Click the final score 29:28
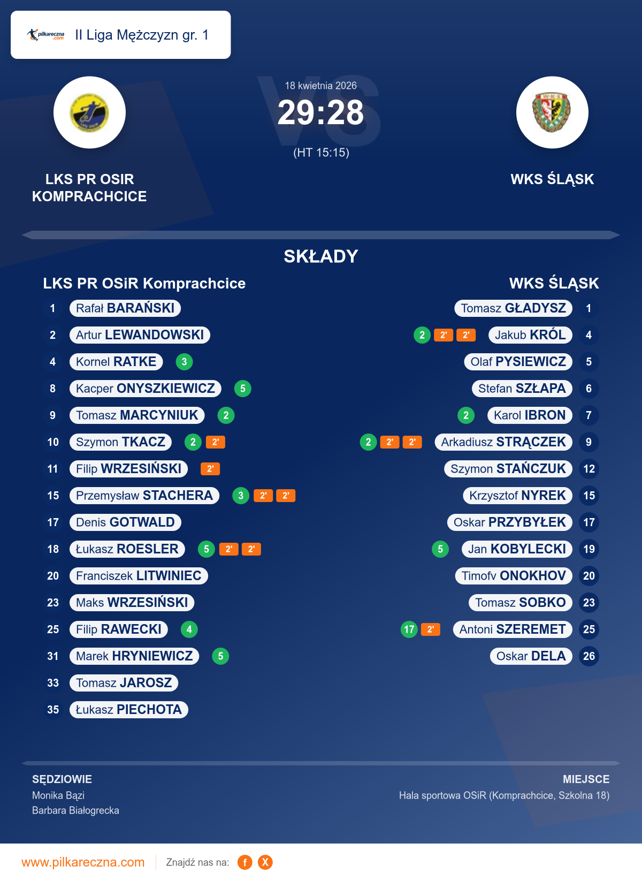[x=320, y=113]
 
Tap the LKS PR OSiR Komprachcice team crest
[x=89, y=112]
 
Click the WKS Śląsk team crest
[x=552, y=112]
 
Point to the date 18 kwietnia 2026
[x=320, y=86]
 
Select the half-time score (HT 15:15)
[x=321, y=153]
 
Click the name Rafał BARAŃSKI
[x=125, y=308]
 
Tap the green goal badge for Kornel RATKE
[x=184, y=362]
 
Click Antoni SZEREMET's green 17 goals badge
[x=409, y=629]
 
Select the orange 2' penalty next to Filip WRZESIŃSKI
[x=210, y=469]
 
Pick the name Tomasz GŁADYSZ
[x=513, y=308]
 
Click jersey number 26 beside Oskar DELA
[x=588, y=656]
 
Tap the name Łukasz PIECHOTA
[x=129, y=710]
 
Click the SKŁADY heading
[x=320, y=256]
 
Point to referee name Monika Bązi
[x=58, y=795]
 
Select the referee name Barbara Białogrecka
[x=75, y=810]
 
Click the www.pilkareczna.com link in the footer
[x=83, y=862]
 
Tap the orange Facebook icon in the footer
[x=245, y=862]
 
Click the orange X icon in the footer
[x=265, y=862]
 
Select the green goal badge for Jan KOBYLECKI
[x=440, y=549]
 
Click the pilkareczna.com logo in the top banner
[x=46, y=35]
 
